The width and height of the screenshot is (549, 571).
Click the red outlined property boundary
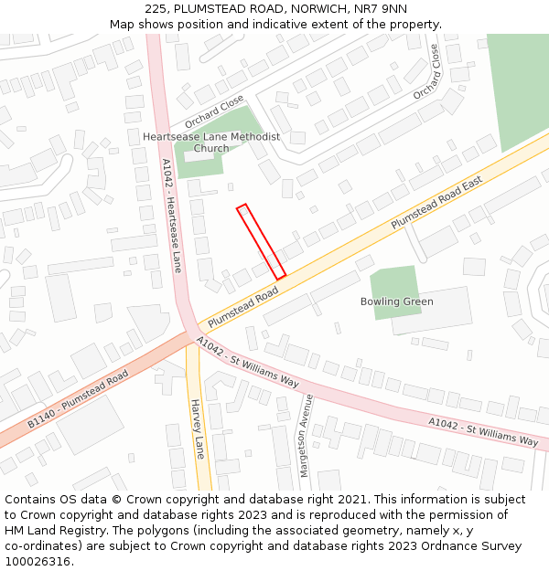coord(262,242)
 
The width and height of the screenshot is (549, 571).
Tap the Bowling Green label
coord(396,301)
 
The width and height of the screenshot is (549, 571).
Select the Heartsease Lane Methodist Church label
coord(211,143)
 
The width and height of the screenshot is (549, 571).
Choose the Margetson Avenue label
coord(307,436)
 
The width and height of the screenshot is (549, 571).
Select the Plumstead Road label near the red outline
coord(242,307)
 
